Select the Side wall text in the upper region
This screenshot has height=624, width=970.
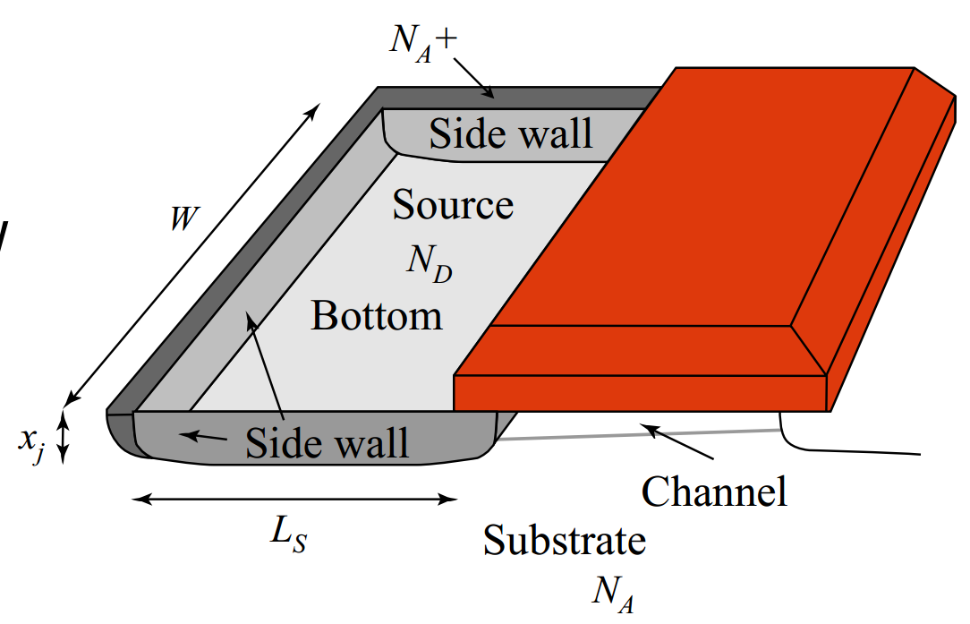511,133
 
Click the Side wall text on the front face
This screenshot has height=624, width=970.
328,442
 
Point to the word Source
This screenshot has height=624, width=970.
453,205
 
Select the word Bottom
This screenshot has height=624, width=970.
377,316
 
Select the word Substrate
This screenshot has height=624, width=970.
565,541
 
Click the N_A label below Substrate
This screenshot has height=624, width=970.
613,593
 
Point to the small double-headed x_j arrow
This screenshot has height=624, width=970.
64,435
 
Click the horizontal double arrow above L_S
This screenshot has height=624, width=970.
294,500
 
